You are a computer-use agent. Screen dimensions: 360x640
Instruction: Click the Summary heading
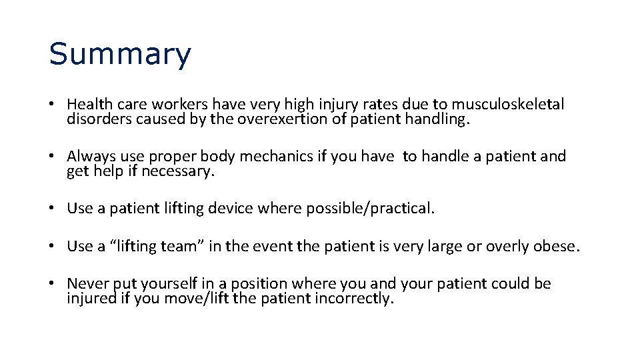(119, 55)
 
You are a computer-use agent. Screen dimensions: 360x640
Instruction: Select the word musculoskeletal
(508, 105)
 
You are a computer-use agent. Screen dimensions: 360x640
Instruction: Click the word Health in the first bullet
(89, 105)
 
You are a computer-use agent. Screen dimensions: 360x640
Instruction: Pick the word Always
(91, 157)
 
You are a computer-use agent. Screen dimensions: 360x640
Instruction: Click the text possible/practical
(370, 209)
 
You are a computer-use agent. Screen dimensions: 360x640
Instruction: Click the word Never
(87, 283)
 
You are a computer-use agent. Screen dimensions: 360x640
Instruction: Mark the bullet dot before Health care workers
(52, 105)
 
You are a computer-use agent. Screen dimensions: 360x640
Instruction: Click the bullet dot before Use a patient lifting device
(52, 209)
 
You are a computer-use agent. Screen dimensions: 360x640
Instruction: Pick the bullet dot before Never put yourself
(52, 284)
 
